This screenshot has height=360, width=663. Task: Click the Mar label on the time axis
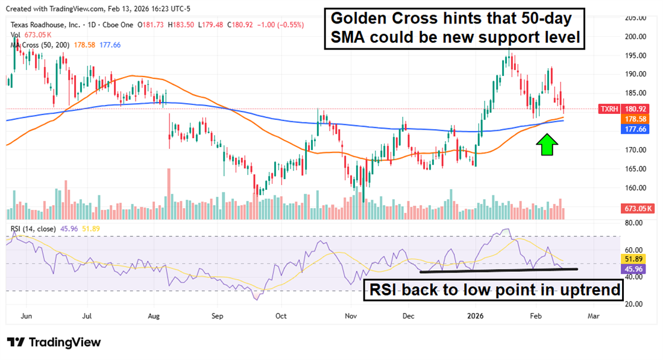593,315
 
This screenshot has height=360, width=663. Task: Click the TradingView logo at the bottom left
54,342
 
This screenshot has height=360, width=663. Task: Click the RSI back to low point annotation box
494,290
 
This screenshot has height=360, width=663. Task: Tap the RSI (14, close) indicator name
33,229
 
